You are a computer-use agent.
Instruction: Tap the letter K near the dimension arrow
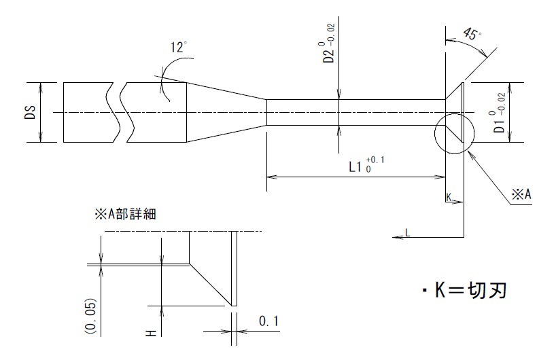pyautogui.click(x=449, y=197)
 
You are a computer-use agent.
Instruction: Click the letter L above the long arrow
pyautogui.click(x=407, y=232)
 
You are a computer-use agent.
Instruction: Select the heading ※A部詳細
pyautogui.click(x=125, y=213)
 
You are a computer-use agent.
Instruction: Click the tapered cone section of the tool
pyautogui.click(x=226, y=113)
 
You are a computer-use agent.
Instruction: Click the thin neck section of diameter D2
pyautogui.click(x=353, y=113)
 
